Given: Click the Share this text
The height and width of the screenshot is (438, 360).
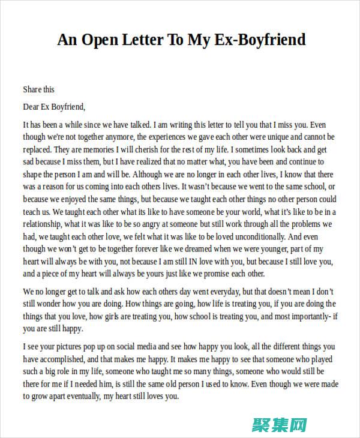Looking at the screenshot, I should (38, 89).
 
